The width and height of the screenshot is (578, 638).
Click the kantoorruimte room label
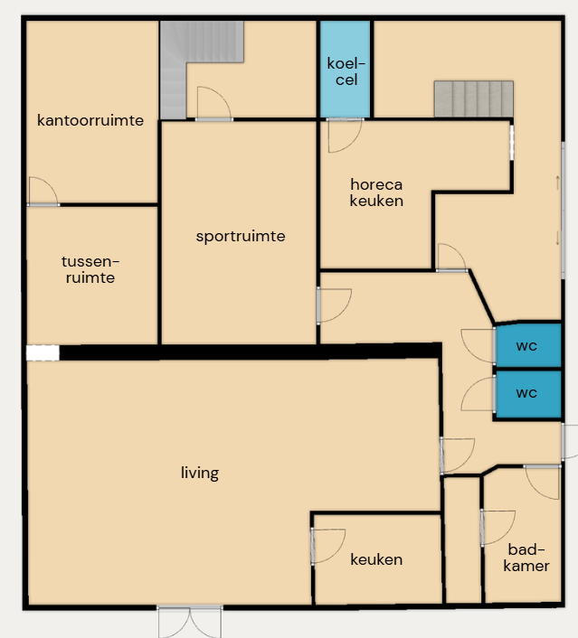(90, 120)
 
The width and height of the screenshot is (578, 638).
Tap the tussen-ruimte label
(90, 269)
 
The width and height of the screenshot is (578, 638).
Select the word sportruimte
(241, 237)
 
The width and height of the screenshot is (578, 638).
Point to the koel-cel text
(346, 71)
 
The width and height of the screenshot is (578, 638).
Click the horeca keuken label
(376, 192)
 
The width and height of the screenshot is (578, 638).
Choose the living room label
(200, 473)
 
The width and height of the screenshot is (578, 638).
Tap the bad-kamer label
(526, 558)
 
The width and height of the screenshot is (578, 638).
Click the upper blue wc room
(528, 346)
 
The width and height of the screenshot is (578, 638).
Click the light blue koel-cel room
(345, 70)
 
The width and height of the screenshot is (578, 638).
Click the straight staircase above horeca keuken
(474, 99)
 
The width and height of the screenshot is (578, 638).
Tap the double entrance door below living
(190, 621)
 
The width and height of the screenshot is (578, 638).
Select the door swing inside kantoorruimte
(43, 192)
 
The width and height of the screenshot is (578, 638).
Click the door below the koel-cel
(345, 135)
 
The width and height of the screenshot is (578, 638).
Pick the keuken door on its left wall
(328, 546)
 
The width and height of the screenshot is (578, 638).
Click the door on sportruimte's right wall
(334, 305)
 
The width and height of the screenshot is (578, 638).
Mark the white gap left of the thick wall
(43, 352)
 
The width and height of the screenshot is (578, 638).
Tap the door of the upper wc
(479, 346)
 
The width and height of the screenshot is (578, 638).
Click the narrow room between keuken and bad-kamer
(463, 539)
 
